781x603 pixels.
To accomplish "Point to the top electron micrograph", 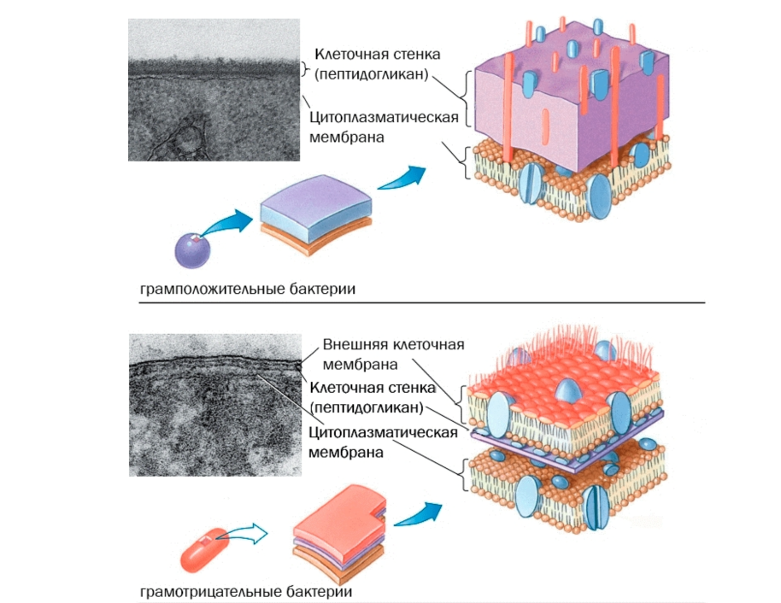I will pyautogui.click(x=214, y=90).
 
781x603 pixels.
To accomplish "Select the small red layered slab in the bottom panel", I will pyautogui.click(x=338, y=525).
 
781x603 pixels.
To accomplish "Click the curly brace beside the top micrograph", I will pyautogui.click(x=306, y=69).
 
